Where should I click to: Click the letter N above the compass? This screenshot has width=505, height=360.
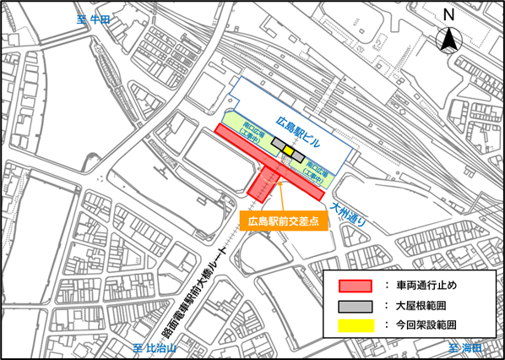450,14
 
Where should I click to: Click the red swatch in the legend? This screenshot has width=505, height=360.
356,285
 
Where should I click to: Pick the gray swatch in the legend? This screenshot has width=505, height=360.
356,304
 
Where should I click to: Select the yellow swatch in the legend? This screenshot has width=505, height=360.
356,325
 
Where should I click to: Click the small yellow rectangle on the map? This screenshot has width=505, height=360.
289,151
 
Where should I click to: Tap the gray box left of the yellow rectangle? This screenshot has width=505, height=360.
277,145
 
